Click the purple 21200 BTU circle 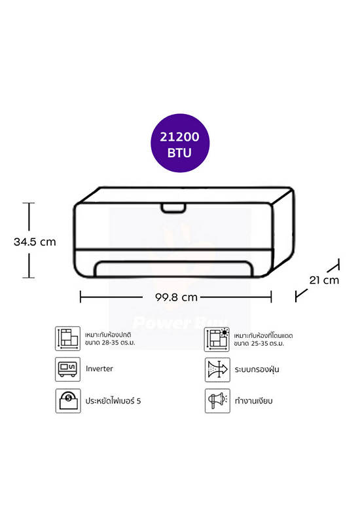click(x=180, y=143)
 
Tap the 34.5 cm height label click(x=35, y=242)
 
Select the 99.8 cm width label click(x=176, y=297)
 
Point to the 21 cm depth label click(x=324, y=280)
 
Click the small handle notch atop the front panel click(x=173, y=208)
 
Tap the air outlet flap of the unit click(x=173, y=269)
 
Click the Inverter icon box click(x=68, y=369)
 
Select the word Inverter click(x=99, y=369)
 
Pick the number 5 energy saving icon click(x=68, y=401)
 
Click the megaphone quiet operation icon click(x=217, y=401)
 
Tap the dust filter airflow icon click(x=217, y=369)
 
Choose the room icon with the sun click(x=217, y=339)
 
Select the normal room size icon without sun click(x=68, y=339)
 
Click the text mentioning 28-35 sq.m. click(x=110, y=339)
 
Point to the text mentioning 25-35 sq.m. click(x=263, y=339)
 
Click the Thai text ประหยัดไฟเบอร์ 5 click(x=113, y=401)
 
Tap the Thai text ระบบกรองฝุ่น click(x=257, y=369)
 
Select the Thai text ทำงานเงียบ click(x=253, y=401)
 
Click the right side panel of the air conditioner click(x=284, y=231)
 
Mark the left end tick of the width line click(x=81, y=297)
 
